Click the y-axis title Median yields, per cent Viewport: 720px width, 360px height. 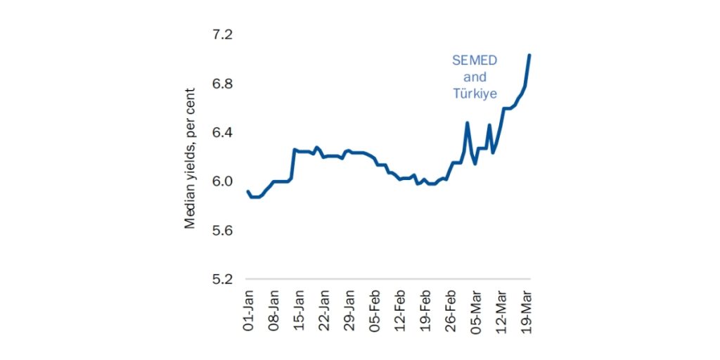190,158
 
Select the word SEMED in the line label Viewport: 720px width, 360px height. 475,60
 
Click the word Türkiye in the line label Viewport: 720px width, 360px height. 476,94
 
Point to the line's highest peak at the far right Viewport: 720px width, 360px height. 529,55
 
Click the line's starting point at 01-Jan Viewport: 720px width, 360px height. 248,191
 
